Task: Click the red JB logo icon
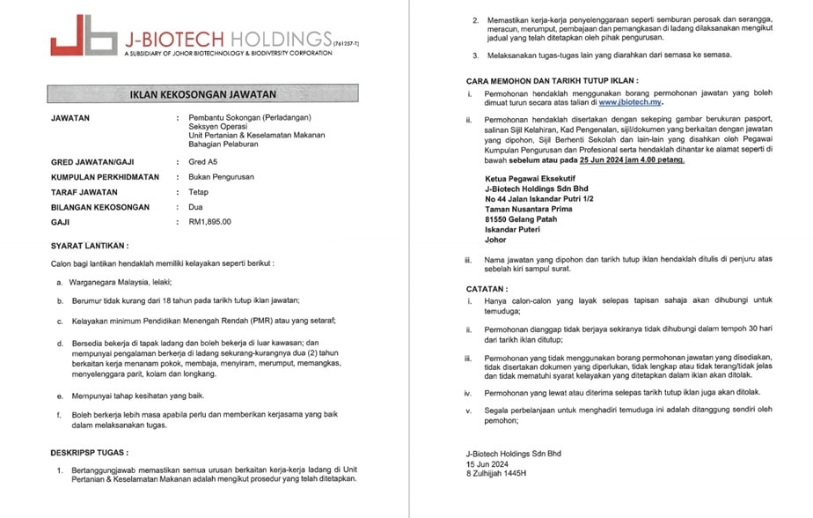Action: click(83, 36)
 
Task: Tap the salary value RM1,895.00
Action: click(210, 222)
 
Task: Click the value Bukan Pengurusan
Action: click(221, 177)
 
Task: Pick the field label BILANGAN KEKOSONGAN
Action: click(107, 207)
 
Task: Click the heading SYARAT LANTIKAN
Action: click(90, 245)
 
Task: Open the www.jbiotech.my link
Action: click(630, 103)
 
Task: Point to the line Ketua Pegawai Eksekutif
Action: click(531, 179)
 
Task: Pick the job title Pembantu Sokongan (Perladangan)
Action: click(250, 118)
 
